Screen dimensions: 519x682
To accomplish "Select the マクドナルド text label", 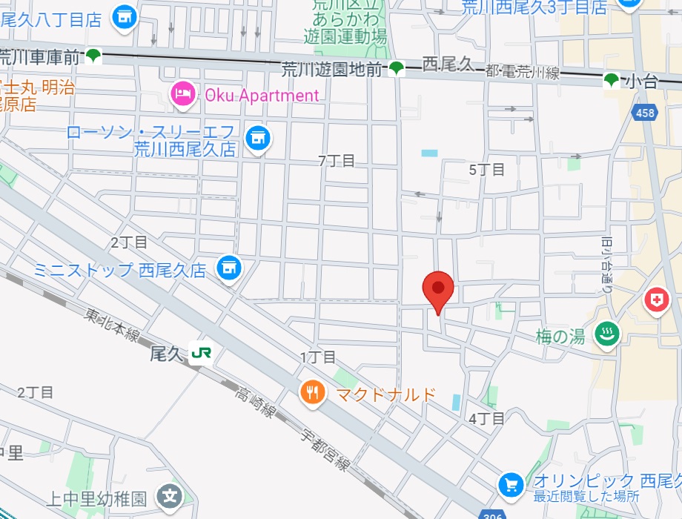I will (386, 394).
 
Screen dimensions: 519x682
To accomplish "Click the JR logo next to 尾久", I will (199, 354).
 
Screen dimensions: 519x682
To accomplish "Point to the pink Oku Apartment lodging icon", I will (182, 94).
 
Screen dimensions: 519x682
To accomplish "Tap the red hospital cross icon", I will (656, 300).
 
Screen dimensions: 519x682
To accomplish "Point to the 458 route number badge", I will (644, 113).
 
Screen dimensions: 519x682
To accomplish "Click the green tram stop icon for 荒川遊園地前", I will (397, 69).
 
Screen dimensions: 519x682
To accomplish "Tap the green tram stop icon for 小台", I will (612, 80).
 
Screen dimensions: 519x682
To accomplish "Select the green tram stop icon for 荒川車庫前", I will (93, 55).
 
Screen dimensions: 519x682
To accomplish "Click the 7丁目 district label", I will (336, 160).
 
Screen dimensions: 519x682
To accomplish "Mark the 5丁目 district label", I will (487, 169).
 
